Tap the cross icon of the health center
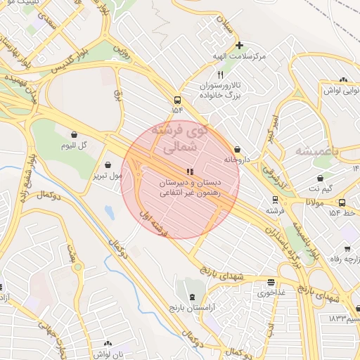(239, 45)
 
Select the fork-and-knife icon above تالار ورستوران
(221, 75)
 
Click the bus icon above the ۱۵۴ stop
(176, 100)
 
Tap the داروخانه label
(237, 160)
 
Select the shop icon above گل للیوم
(75, 134)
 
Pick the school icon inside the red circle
(188, 172)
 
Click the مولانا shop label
(314, 202)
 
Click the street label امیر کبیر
(274, 129)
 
